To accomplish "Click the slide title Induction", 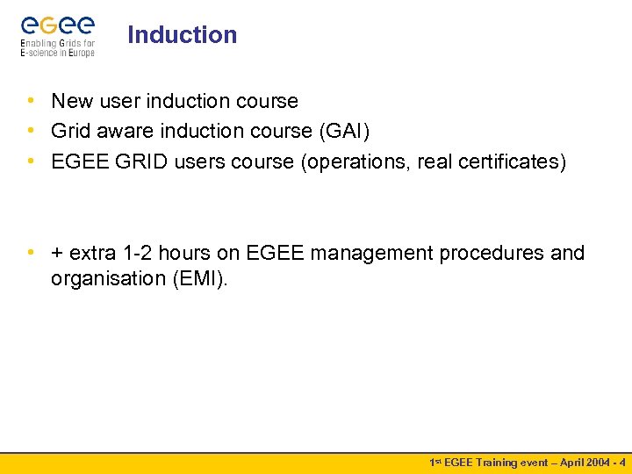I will (x=182, y=35).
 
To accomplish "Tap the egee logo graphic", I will (x=57, y=24).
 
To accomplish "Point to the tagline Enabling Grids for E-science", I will (x=57, y=47).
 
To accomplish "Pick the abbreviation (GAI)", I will (x=343, y=132).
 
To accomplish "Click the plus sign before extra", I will (x=57, y=254).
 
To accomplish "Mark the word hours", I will (x=197, y=254).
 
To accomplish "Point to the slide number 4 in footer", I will (x=621, y=462).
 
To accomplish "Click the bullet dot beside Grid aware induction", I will (x=31, y=131).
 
